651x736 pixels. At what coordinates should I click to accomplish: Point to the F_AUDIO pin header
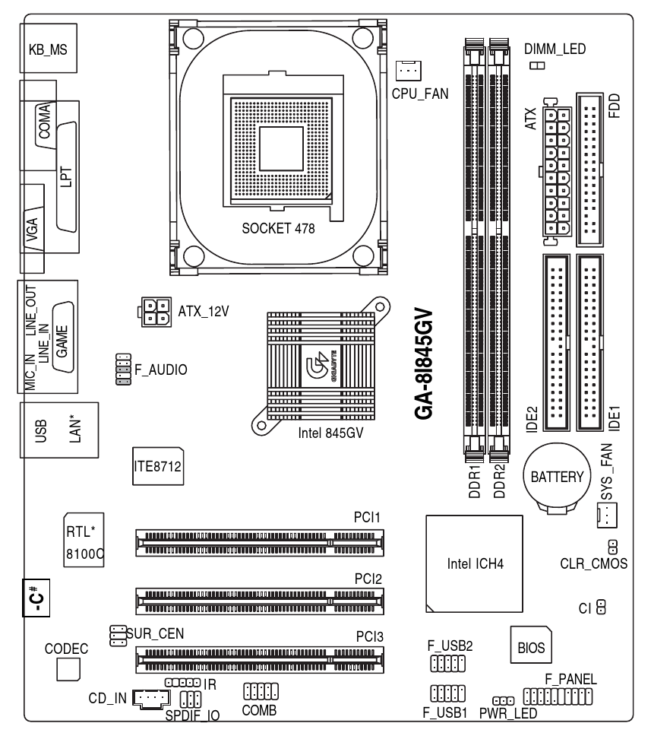[122, 368]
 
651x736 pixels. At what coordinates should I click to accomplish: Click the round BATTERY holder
[556, 477]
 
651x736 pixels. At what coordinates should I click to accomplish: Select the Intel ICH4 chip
[474, 563]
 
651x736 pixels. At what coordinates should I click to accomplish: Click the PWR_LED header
[504, 700]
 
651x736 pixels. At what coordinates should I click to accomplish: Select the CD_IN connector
[153, 696]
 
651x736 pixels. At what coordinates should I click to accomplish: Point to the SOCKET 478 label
[278, 227]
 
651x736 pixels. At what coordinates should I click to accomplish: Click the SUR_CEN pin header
[117, 636]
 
